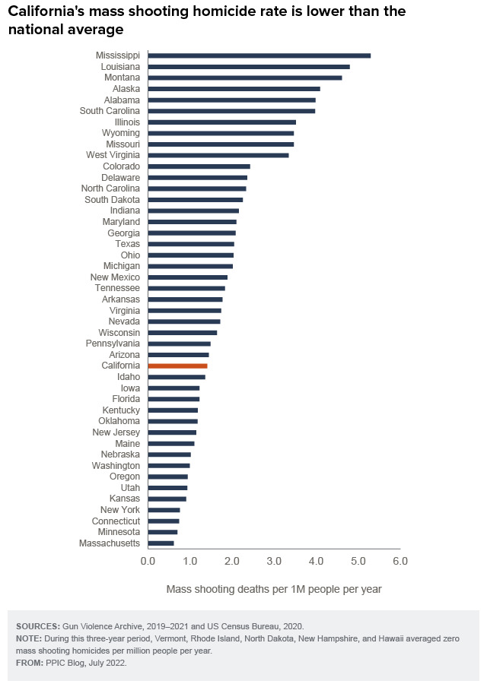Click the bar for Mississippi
click(259, 55)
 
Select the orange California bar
click(178, 366)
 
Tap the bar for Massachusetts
click(161, 543)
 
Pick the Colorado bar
click(199, 166)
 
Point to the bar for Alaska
click(234, 89)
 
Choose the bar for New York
click(164, 510)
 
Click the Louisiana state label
click(120, 67)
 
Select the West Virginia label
click(113, 155)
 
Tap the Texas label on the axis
click(128, 244)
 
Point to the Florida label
click(126, 399)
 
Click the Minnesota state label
click(119, 532)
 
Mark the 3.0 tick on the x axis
click(274, 561)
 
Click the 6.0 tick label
click(400, 561)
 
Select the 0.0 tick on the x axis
click(148, 561)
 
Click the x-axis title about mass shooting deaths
click(274, 589)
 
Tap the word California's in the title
click(46, 11)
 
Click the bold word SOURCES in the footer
click(38, 626)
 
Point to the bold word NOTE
click(29, 638)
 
